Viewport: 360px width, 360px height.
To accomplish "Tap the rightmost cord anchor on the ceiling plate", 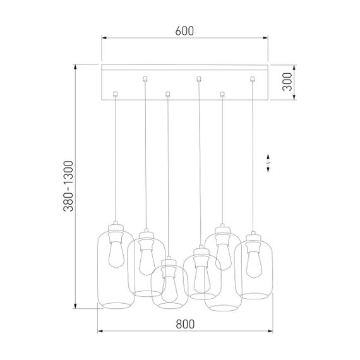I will (253, 78).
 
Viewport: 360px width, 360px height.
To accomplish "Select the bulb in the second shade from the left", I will (145, 259).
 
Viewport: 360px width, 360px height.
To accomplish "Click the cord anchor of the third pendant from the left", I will (167, 94).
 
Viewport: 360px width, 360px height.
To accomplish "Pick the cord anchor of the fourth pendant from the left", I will (199, 78).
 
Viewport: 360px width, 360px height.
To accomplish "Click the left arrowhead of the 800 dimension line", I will (99, 331).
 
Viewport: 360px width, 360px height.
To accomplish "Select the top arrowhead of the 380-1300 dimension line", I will (75, 66).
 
